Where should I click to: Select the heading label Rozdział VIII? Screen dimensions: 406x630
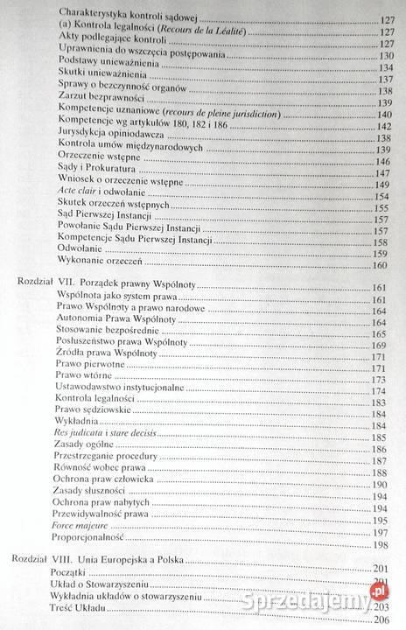pyautogui.click(x=43, y=557)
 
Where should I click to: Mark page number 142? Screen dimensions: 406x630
pyautogui.click(x=381, y=125)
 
